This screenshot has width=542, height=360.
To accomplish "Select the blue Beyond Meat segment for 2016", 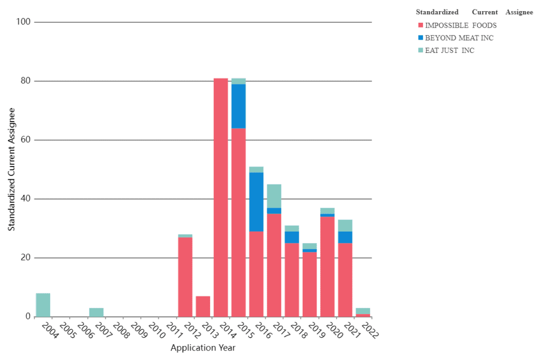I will tap(256, 202).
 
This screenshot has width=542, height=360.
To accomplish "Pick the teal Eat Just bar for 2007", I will tap(96, 312).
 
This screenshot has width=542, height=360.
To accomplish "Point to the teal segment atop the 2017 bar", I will tap(274, 196).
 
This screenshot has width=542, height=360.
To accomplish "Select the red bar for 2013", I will tap(203, 306).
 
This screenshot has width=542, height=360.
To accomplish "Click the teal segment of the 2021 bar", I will tap(345, 225).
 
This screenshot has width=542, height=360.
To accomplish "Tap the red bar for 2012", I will tap(185, 277).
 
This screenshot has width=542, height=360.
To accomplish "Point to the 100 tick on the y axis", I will tap(25, 22).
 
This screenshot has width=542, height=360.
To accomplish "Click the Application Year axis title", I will tap(203, 348).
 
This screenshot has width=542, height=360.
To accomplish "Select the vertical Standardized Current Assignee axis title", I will tap(11, 169).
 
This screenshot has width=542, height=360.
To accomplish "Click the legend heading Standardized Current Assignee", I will tap(474, 12).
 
